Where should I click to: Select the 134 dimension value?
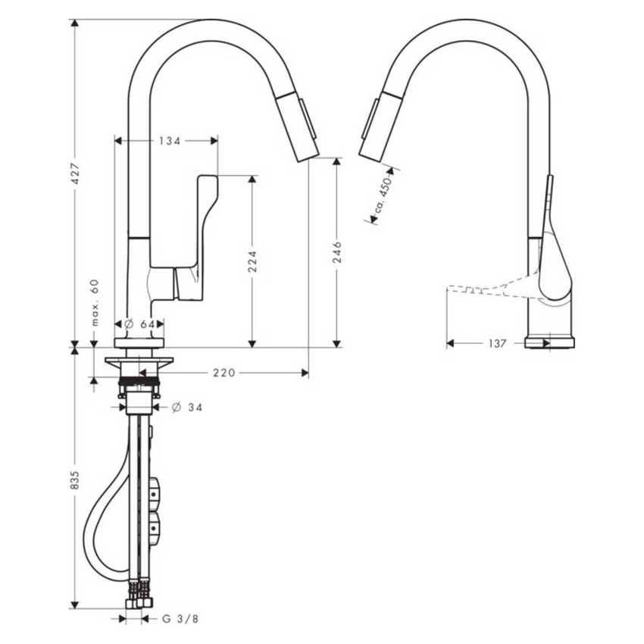pyautogui.click(x=170, y=140)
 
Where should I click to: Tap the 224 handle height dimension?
pyautogui.click(x=253, y=261)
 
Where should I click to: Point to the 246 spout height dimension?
pyautogui.click(x=337, y=252)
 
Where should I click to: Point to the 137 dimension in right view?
pyautogui.click(x=496, y=343)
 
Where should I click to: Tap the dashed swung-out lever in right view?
pyautogui.click(x=485, y=287)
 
